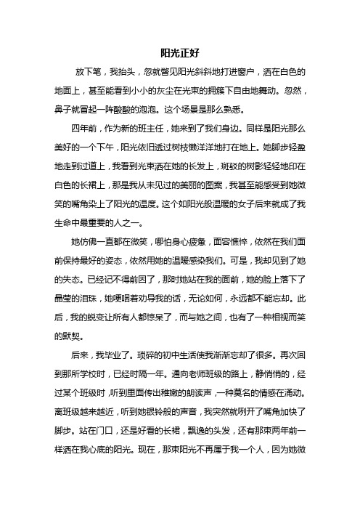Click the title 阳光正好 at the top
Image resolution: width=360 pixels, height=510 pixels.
click(179, 53)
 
